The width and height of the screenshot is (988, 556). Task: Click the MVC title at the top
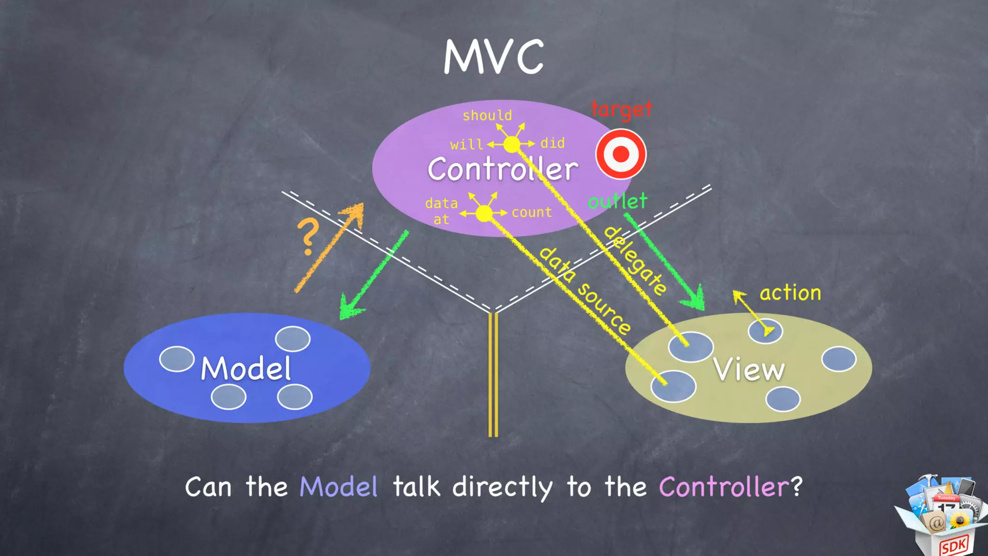[x=494, y=57]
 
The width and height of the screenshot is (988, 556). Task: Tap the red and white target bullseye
[x=621, y=154]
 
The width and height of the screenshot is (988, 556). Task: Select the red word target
[x=621, y=110]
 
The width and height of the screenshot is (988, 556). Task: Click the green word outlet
[x=617, y=201]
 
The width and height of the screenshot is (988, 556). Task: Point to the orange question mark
[x=308, y=236]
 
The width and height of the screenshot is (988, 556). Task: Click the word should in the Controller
[x=487, y=115]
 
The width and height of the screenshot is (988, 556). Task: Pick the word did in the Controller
[x=552, y=143]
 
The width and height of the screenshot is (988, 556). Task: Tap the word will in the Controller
[x=467, y=144]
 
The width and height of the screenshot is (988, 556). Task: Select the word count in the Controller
[x=532, y=212]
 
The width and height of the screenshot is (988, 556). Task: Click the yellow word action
[x=790, y=293]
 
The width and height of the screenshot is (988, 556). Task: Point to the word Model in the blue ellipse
[x=246, y=369]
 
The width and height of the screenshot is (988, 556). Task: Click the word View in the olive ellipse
[x=749, y=370]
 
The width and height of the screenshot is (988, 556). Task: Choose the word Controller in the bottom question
[x=724, y=486]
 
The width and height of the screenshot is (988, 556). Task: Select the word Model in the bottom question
[x=339, y=486]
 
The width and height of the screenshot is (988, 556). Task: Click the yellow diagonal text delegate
[x=636, y=260]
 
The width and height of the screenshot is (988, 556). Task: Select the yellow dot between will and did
[x=511, y=144]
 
